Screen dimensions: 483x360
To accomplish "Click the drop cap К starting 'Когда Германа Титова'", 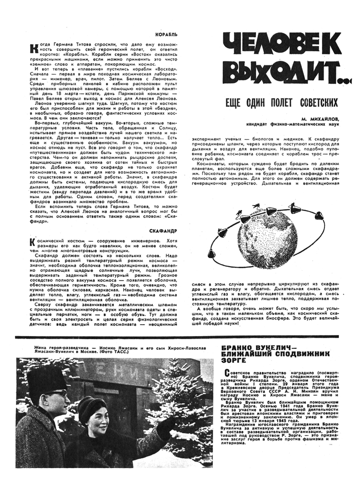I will point(34,47).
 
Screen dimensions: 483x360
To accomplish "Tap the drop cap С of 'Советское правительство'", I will point(221,372).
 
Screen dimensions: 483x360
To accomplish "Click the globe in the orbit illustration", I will point(268,226).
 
